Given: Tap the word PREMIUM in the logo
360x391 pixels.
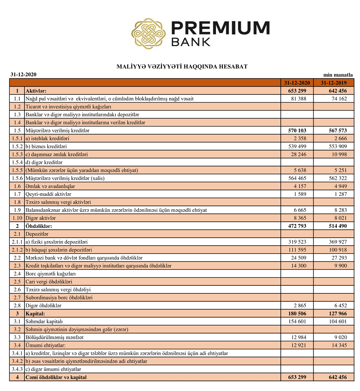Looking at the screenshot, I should pos(220,28).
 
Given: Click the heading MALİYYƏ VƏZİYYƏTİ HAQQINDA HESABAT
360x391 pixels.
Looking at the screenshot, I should pos(182,67).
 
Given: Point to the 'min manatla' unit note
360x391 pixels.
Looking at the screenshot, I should pos(338,75).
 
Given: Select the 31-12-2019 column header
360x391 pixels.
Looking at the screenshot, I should pos(333,83).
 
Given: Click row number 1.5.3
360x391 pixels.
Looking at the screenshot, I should pos(17,154).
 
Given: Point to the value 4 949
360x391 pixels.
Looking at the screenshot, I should pos(339,186).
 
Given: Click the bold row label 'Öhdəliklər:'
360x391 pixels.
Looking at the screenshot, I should pos(39,226).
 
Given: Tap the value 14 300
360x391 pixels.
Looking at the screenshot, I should pos(298,266).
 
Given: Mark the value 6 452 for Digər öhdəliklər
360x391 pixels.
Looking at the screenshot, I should pos(339,305).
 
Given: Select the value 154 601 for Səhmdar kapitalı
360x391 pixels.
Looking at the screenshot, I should pos(297,321).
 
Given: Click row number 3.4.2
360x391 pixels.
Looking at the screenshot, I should pos(17,361).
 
